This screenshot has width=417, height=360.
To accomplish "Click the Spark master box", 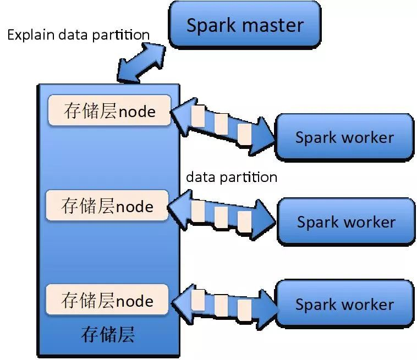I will click(245, 25).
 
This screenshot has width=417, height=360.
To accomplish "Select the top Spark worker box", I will click(344, 137).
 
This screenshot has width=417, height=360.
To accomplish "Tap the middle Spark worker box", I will click(346, 221).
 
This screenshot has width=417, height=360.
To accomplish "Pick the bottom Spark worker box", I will click(344, 304).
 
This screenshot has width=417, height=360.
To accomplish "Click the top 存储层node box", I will click(109, 111).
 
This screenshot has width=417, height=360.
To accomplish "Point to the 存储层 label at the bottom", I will click(108, 334).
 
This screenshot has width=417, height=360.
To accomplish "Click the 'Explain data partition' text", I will click(78, 35).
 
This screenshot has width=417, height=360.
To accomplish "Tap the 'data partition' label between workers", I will click(232, 177).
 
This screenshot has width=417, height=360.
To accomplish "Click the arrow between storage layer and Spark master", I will click(141, 62).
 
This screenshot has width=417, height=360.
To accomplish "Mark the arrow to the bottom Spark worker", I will click(223, 301).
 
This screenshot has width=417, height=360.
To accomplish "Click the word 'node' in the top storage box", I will click(137, 112).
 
